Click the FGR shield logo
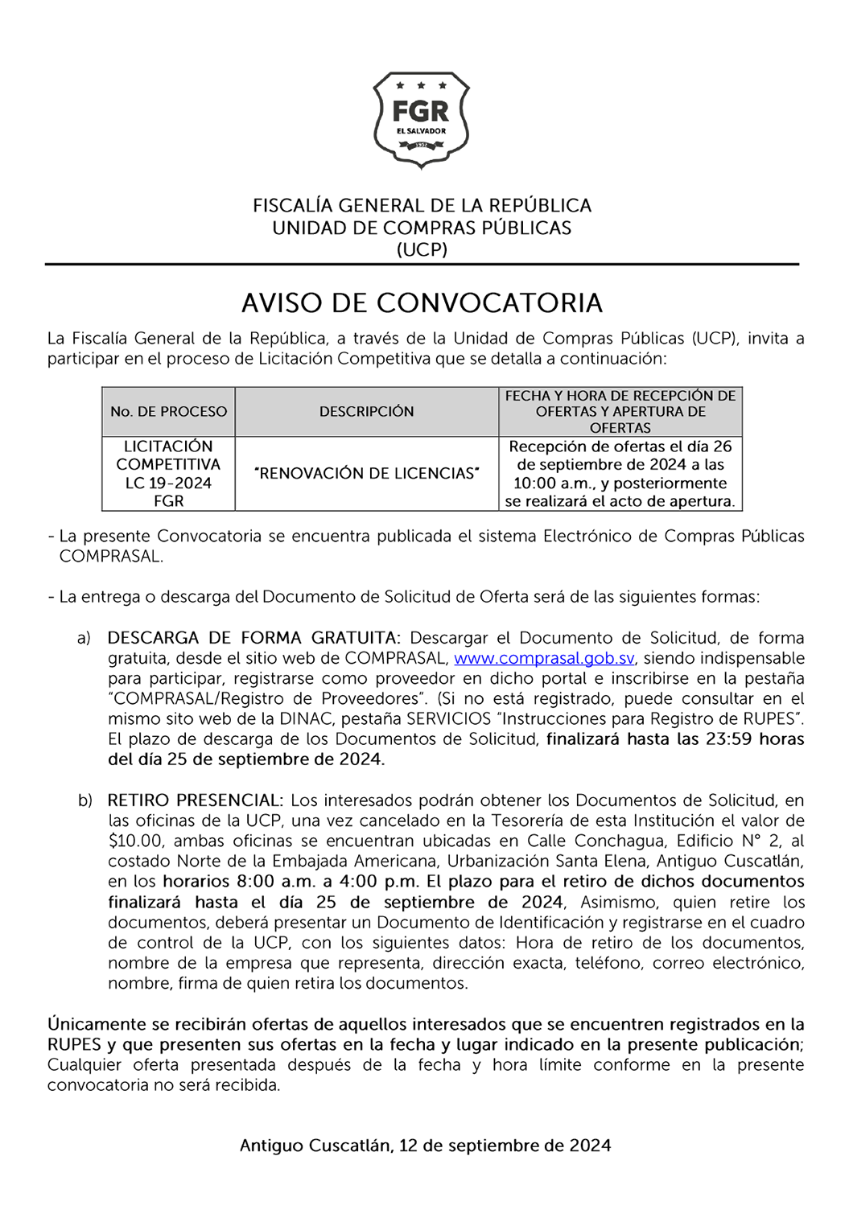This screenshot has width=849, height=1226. pos(421,119)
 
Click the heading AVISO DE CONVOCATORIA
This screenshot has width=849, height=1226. pos(422,303)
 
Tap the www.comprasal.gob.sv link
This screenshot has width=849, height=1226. pos(544,659)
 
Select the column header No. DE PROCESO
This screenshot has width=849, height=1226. pos(169,412)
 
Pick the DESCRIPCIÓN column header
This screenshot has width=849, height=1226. pos(366,412)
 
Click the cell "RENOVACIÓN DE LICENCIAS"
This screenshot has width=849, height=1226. pos(366,474)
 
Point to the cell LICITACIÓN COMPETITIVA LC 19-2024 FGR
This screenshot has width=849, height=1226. pos(169,474)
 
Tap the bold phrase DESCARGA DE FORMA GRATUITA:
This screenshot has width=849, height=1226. pos(253,639)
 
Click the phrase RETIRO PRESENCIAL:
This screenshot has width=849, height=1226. pos(196,801)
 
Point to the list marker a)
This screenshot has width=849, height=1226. pos(84,639)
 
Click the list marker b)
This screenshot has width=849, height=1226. pos(84,801)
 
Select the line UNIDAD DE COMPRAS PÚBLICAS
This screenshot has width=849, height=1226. pos(422,228)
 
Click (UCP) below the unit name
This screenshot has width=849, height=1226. pos(422,249)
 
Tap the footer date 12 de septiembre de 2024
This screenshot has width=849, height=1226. pos(505,1146)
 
